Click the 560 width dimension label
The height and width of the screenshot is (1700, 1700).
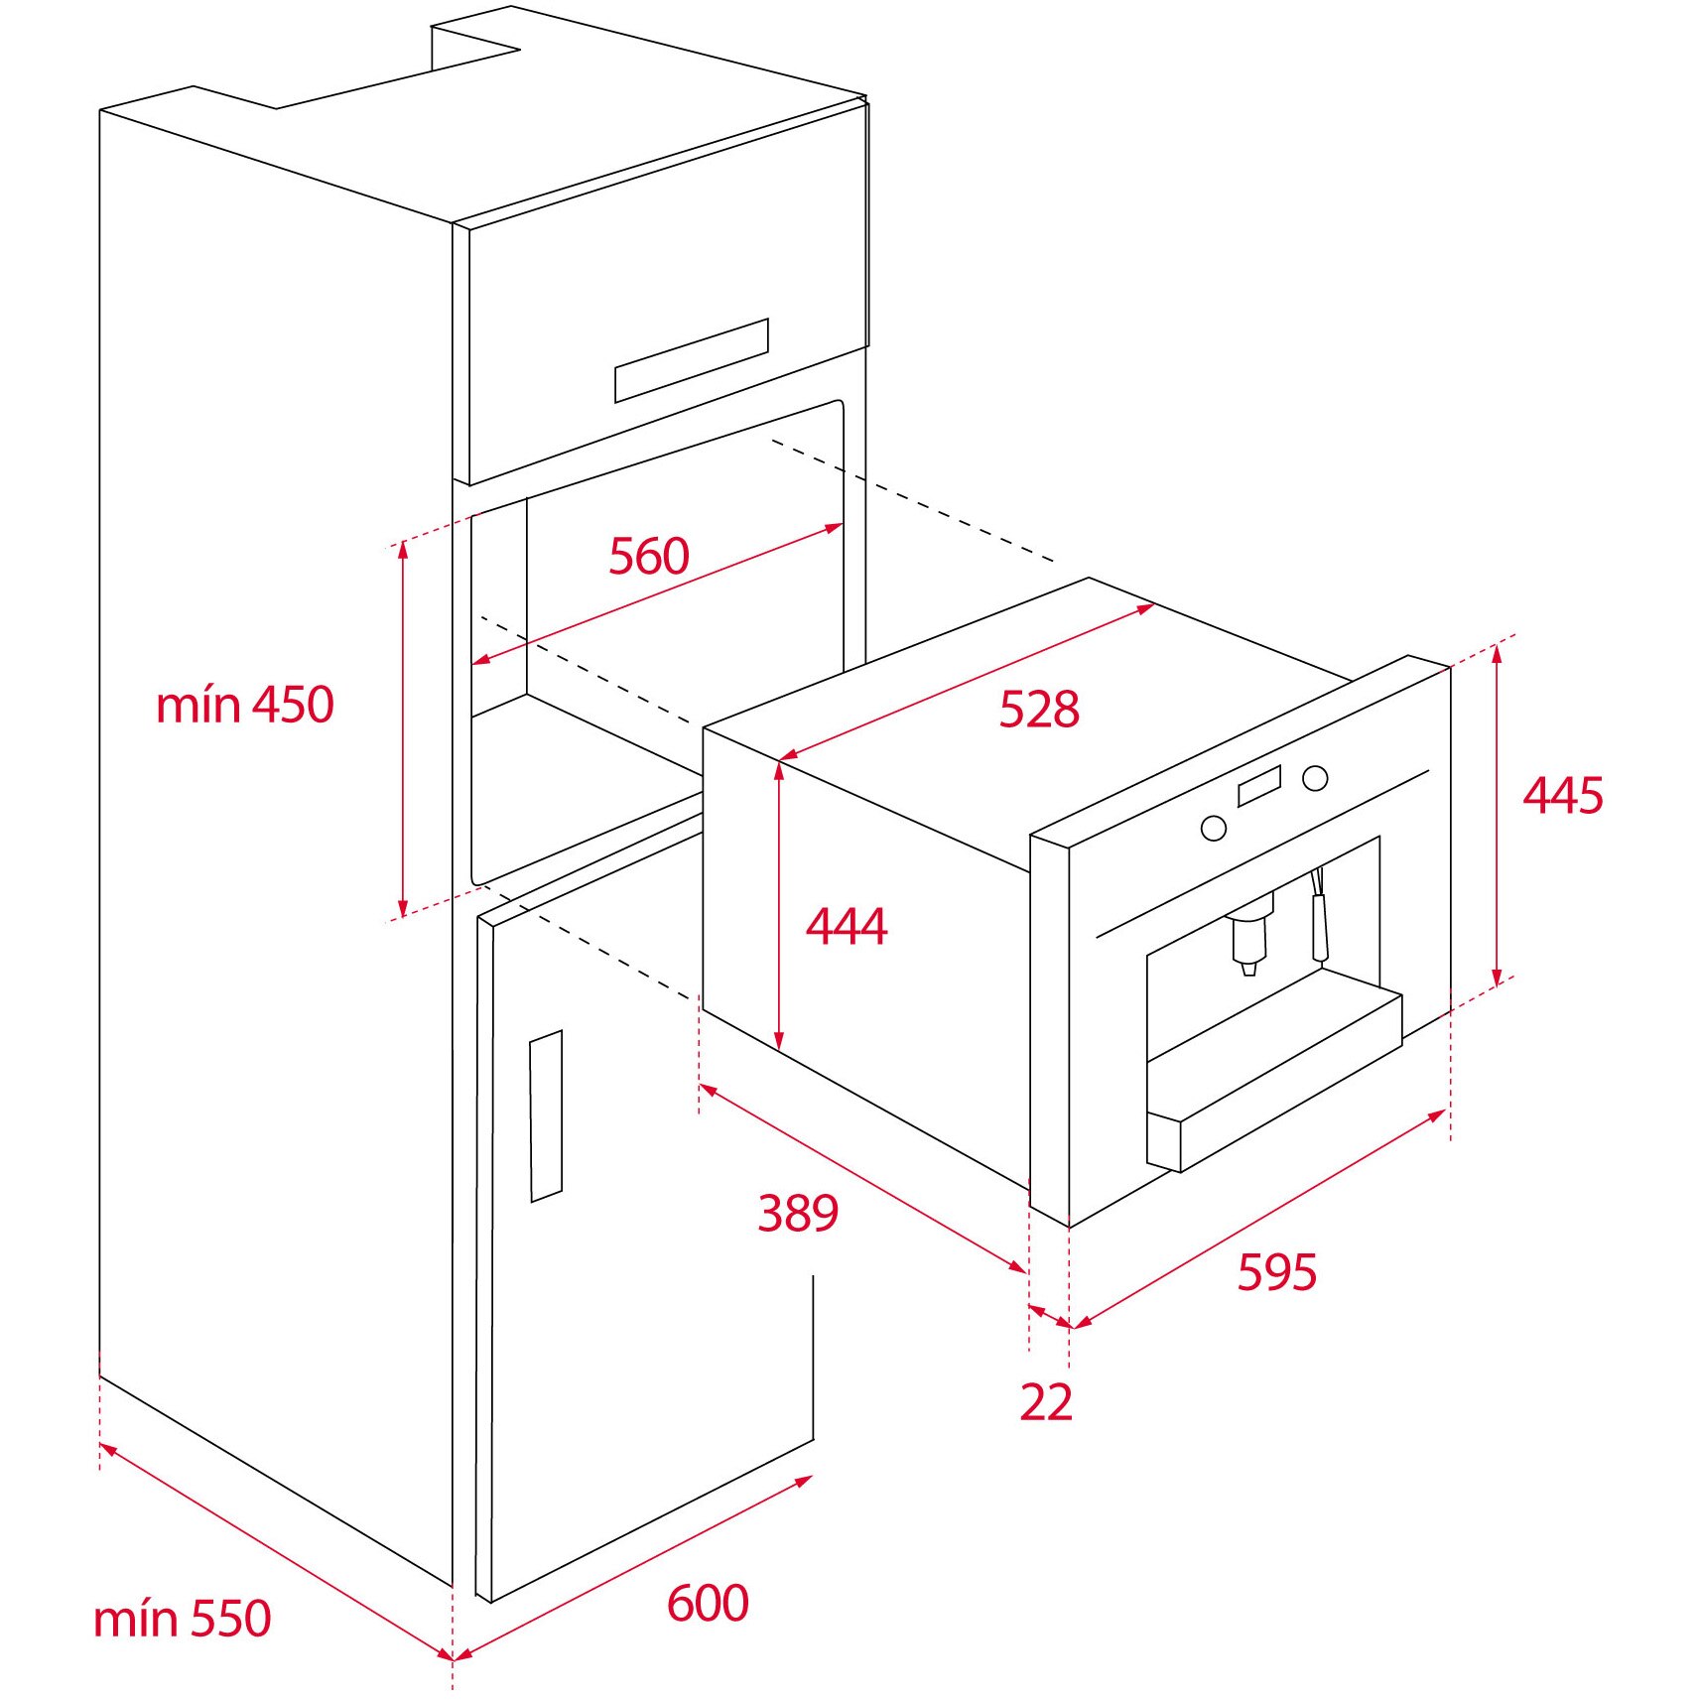pos(648,556)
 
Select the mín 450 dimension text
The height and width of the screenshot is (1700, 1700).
pos(244,706)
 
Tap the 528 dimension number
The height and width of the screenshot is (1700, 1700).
pos(1038,710)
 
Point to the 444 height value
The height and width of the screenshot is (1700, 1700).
pos(846,927)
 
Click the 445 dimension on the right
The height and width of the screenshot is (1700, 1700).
pos(1562,796)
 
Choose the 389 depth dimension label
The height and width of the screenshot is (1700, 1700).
pos(797,1213)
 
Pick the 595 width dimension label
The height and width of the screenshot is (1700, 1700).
pos(1276,1272)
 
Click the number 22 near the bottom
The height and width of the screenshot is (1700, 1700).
pos(1046,1402)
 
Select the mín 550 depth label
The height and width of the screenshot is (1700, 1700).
pos(182,1619)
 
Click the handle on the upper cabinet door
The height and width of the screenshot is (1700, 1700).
pos(691,360)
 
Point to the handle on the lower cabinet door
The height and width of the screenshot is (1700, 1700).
pos(546,1116)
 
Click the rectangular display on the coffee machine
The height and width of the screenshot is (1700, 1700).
pos(1258,786)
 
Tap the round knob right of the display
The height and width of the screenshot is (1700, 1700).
pos(1315,778)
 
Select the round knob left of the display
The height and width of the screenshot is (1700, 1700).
pos(1213,828)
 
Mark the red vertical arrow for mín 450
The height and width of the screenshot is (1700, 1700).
pos(403,729)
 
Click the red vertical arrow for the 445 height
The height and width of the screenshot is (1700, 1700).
pos(1497,814)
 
